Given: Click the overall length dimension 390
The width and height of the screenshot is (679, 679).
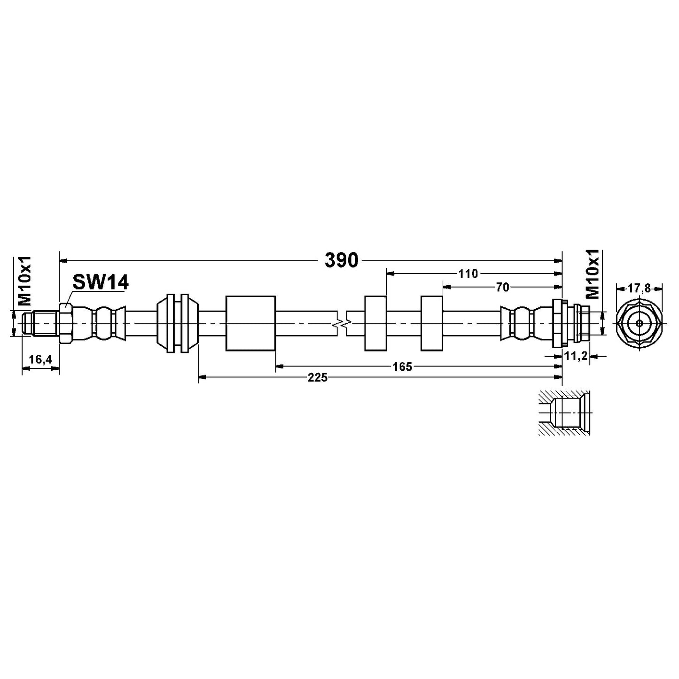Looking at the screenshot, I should pos(341,260).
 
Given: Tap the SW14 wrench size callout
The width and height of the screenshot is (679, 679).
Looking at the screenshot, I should pos(100,283).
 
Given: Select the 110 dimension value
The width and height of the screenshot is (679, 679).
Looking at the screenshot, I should pos(468,273).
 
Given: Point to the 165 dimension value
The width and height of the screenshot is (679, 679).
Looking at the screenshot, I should pos(402,367).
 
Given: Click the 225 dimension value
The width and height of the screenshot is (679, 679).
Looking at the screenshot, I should pos(317,377).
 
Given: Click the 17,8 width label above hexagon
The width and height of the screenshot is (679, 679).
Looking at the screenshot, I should pos(639,289).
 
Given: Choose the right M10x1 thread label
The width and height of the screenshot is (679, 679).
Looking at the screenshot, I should pos(593,274).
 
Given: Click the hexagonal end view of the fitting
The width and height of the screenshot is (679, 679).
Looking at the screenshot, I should pos(639,323).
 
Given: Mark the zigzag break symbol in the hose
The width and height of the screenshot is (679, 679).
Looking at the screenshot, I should pos(342,323).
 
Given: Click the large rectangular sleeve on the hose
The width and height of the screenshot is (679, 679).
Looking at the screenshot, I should pos(250,323).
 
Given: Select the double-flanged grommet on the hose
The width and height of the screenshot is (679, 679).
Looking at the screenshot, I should pos(178,323).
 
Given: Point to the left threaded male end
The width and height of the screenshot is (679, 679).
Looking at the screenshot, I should pos(40,323).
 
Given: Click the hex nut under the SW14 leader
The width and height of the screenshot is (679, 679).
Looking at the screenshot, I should pos(65,323).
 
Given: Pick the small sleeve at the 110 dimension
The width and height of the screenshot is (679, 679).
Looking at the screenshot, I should pos(375,323).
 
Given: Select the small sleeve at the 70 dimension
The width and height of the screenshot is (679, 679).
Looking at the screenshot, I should pos(432,323).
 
